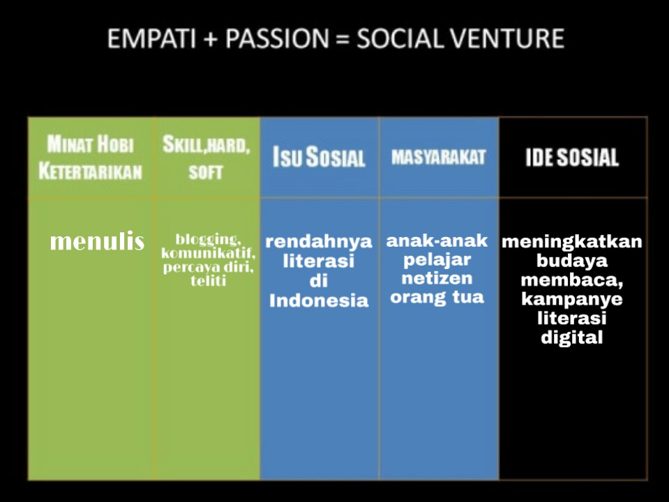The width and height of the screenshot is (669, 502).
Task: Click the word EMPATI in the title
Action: (152, 38)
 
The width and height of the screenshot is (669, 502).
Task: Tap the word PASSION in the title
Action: (277, 38)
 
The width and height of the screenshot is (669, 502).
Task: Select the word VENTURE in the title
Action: (507, 38)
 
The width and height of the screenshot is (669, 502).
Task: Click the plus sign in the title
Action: (211, 39)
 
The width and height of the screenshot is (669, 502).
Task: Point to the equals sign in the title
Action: (343, 39)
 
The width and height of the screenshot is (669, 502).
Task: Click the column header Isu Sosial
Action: (319, 157)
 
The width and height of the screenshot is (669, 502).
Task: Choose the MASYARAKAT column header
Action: (439, 157)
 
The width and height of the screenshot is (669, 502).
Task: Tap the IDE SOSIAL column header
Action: (572, 158)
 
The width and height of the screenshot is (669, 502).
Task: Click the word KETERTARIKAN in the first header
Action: (91, 172)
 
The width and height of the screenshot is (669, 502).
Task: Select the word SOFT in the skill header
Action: (206, 172)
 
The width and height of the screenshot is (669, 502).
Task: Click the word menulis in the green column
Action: (97, 241)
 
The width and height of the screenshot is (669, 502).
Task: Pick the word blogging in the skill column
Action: (208, 239)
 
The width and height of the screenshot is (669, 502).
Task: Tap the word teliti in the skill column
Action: (208, 281)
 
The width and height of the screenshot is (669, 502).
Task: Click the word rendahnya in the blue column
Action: (319, 242)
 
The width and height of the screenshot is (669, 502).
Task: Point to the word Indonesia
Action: (319, 301)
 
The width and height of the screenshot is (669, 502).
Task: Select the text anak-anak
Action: (437, 241)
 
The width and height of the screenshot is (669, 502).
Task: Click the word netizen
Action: (437, 278)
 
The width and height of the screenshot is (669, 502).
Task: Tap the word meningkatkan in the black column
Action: (572, 242)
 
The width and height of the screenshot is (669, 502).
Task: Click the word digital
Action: (572, 337)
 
